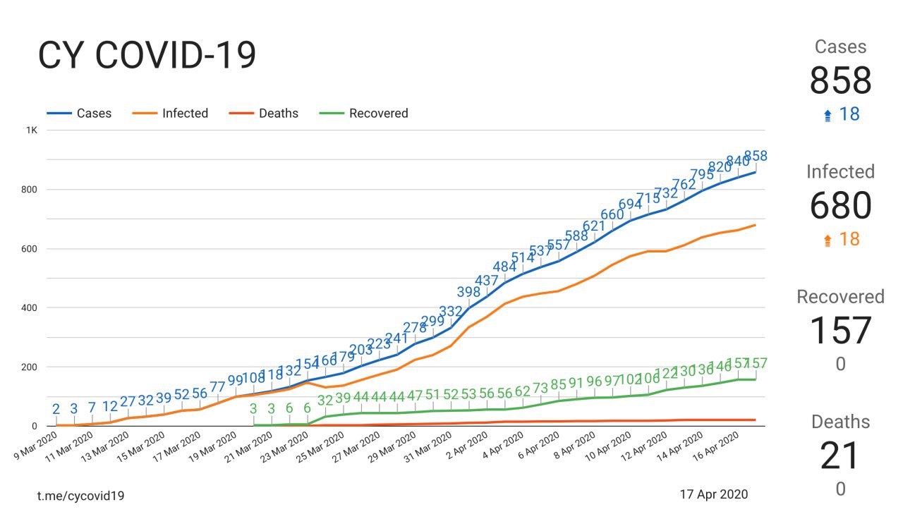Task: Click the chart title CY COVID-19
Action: [146, 56]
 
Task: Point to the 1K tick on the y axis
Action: [32, 130]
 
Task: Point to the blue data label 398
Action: [469, 293]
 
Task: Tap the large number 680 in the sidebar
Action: [840, 206]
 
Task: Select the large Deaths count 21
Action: [840, 456]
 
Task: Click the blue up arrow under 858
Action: [828, 116]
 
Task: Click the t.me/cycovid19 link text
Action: [80, 495]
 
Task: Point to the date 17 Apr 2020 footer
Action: [714, 494]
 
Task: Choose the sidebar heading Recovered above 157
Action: [840, 297]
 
